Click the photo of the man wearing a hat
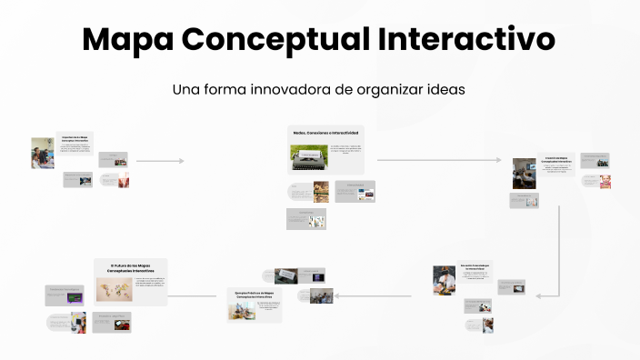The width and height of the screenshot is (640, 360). pyautogui.click(x=444, y=280)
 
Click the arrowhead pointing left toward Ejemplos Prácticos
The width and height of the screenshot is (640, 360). pyautogui.click(x=337, y=295)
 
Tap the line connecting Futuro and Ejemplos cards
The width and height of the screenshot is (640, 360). pyautogui.click(x=195, y=295)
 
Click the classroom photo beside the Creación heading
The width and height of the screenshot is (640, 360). pyautogui.click(x=524, y=173)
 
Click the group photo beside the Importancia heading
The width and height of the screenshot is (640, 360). pyautogui.click(x=43, y=153)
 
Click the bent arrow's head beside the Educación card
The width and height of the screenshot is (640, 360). pyautogui.click(x=539, y=295)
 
